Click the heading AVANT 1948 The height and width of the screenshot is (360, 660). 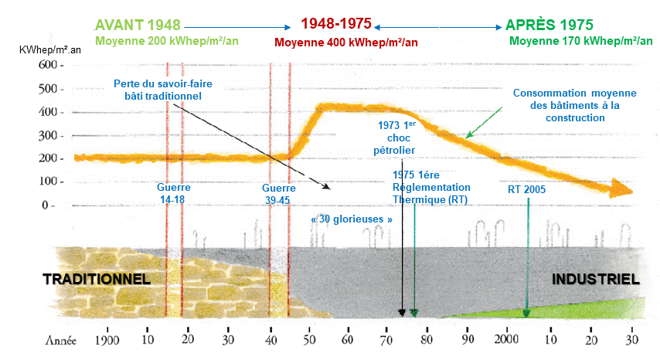[138, 24]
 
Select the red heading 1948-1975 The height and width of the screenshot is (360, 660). [336, 24]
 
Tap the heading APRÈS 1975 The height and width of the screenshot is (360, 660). [548, 24]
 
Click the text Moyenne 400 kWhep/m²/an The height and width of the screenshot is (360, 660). [345, 42]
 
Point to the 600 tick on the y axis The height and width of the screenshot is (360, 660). [47, 66]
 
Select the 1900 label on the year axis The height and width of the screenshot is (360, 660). [107, 341]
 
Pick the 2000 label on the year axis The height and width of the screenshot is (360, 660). [507, 341]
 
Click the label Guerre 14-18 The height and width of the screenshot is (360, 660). [173, 193]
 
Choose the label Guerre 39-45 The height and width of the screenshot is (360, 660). [279, 193]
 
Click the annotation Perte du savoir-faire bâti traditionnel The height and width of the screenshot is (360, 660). [162, 90]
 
